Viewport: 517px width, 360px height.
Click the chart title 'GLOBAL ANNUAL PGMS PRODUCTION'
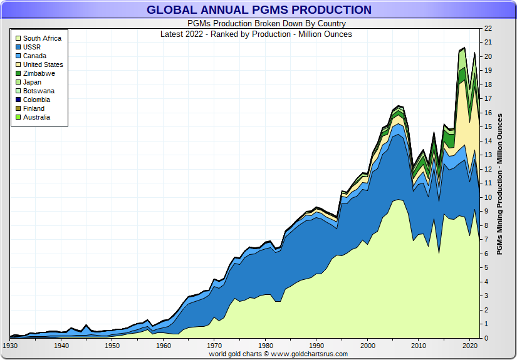259,10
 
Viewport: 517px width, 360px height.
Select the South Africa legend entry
42,38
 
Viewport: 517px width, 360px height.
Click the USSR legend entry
33,47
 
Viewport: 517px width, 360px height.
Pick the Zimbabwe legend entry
39,73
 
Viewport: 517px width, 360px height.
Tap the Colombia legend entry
36,100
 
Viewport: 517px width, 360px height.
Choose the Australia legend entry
36,117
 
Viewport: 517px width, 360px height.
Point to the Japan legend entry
33,82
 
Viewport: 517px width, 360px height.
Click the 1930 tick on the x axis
10,346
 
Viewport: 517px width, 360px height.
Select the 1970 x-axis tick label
214,346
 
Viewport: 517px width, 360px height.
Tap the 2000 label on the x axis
368,346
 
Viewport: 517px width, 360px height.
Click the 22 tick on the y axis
488,28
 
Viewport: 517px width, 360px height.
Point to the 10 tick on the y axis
488,197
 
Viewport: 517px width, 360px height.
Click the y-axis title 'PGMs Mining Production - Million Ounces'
499,183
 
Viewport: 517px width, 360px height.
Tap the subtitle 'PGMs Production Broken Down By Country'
258,24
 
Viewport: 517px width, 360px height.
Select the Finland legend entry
34,108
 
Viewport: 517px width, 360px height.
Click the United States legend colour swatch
18,64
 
